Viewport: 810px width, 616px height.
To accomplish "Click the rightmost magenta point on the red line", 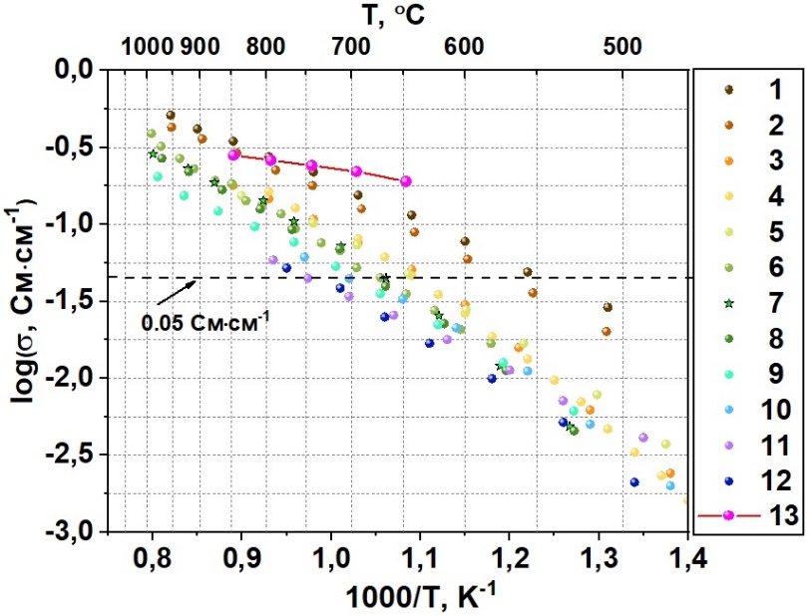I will pyautogui.click(x=405, y=180).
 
